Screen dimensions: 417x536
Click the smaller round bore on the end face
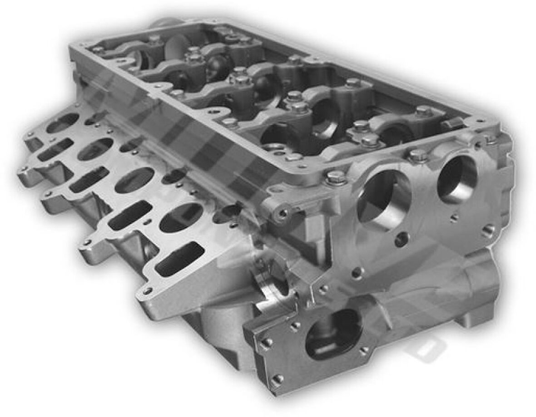click(x=457, y=179)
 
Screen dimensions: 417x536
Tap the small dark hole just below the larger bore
click(x=401, y=240)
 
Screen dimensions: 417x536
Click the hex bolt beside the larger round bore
click(x=335, y=177)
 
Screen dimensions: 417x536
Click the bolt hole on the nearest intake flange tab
click(x=147, y=291)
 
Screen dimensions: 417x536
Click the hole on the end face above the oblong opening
click(x=357, y=273)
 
